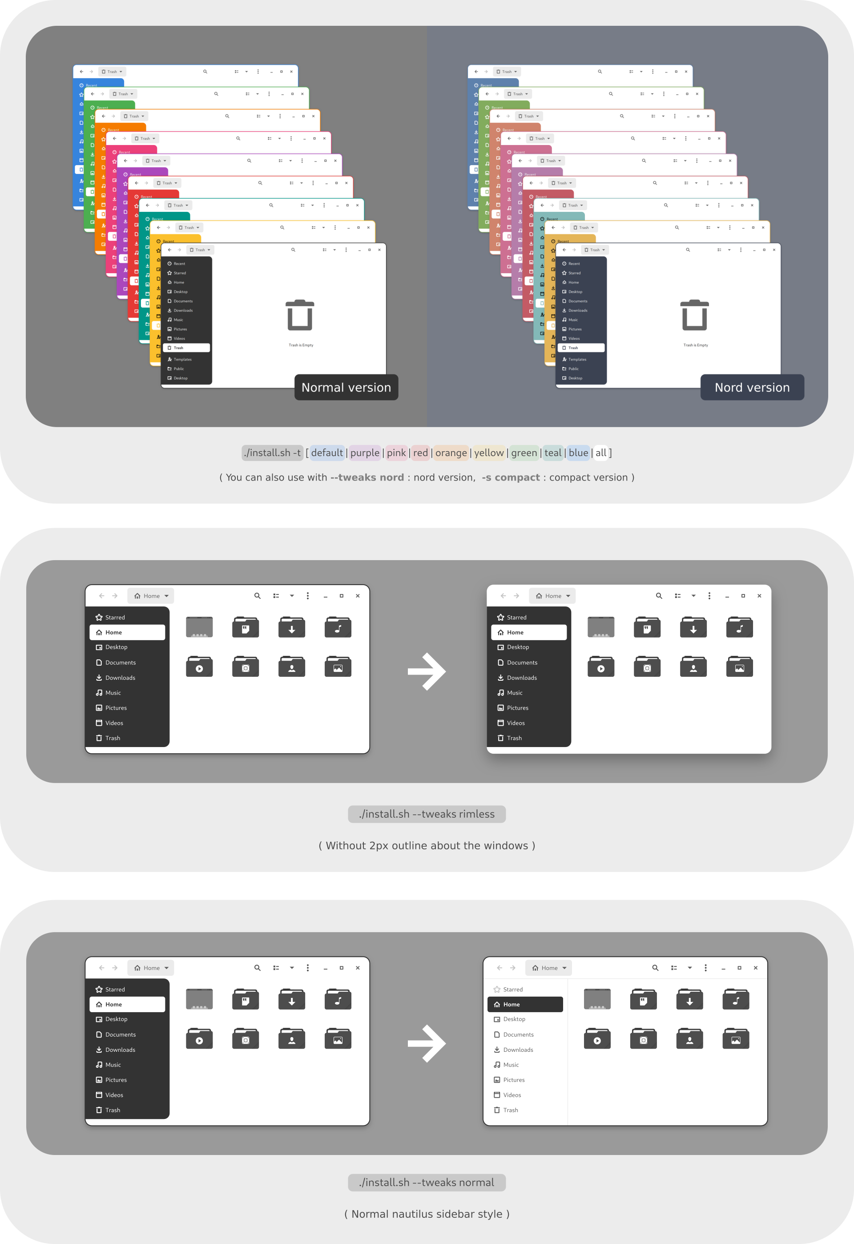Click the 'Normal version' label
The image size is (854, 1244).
(x=346, y=388)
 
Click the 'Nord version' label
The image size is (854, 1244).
(x=752, y=388)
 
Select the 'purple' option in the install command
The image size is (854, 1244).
(x=365, y=453)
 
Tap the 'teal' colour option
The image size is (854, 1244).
(x=553, y=453)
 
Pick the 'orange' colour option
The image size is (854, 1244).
(x=451, y=453)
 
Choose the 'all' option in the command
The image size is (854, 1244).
(x=601, y=453)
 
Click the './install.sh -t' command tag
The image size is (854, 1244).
(x=272, y=453)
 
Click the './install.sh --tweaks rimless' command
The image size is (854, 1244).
(x=427, y=814)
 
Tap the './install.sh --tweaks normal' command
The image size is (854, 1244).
(x=427, y=1183)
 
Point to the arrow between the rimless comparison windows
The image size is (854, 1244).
(x=427, y=671)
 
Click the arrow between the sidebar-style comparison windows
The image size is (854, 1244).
(x=427, y=1043)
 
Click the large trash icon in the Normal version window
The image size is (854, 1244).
(x=300, y=315)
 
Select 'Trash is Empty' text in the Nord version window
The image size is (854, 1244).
(x=695, y=345)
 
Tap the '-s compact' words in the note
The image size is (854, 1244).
(x=511, y=477)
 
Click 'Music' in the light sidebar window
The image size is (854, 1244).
(x=511, y=1065)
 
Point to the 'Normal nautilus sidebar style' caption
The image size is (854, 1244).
(x=427, y=1214)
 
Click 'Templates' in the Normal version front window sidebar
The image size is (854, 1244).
(x=182, y=359)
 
